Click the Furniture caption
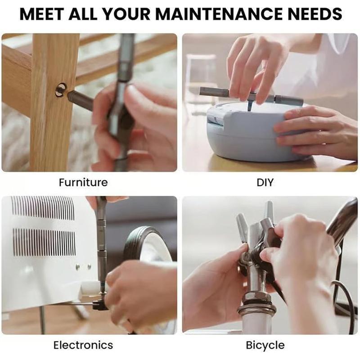83,183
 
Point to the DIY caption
265,183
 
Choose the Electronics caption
83,345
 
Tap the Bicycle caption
265,345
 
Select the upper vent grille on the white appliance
43,208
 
